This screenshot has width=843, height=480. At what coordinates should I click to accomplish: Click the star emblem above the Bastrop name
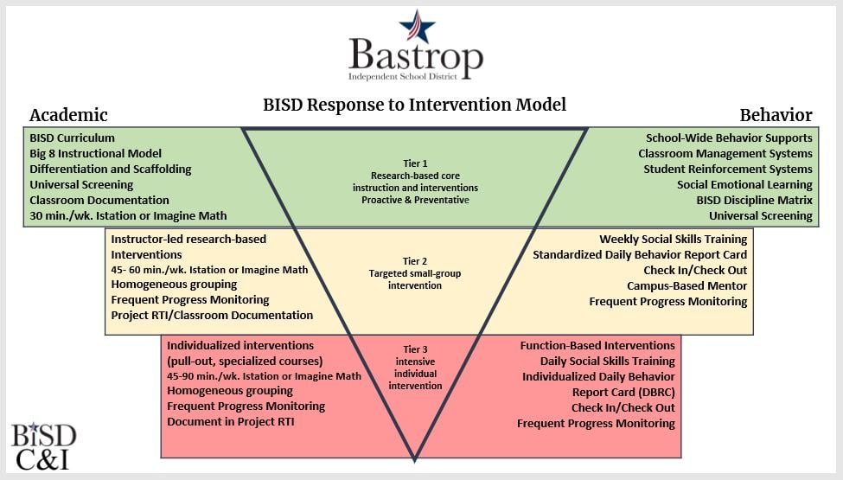point(422,25)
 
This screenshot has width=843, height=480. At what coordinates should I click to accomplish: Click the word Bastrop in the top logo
point(415,56)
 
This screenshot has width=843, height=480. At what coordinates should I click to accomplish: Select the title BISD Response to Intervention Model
point(414,105)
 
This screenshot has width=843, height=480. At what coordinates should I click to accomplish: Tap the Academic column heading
point(68,115)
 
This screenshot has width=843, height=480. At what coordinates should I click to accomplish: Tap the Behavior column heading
point(776,115)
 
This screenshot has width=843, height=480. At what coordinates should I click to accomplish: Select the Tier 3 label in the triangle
point(415,349)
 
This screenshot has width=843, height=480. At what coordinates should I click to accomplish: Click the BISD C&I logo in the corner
point(43,445)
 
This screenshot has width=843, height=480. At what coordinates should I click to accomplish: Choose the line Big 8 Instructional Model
point(95,154)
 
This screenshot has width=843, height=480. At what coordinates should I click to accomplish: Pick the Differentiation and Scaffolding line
point(110,170)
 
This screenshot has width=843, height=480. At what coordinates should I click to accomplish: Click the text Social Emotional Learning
point(744,184)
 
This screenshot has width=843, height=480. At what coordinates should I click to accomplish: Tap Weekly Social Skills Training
point(673,239)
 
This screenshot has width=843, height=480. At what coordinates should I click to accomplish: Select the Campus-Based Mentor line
point(687,285)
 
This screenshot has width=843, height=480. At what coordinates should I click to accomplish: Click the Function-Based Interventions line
point(597,345)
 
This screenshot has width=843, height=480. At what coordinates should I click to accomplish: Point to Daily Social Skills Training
point(607,361)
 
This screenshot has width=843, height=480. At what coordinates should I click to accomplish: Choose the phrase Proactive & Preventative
point(415,200)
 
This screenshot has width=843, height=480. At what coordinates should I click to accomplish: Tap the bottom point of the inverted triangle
point(415,458)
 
